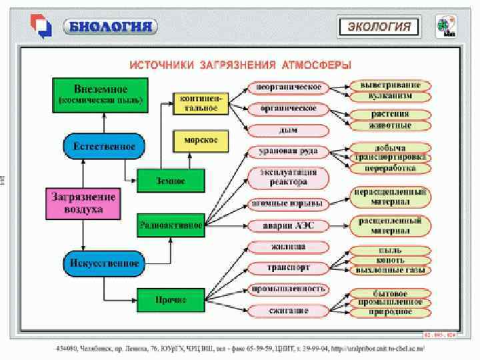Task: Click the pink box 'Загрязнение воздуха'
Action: pyautogui.click(x=83, y=203)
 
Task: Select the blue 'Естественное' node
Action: pyautogui.click(x=104, y=146)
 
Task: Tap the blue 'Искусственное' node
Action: pyautogui.click(x=104, y=263)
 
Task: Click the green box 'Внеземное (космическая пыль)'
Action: pyautogui.click(x=99, y=95)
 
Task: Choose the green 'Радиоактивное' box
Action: pyautogui.click(x=171, y=225)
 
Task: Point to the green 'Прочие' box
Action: pyautogui.click(x=171, y=300)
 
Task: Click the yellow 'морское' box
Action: pyautogui.click(x=201, y=141)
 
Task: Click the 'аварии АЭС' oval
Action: pyautogui.click(x=289, y=225)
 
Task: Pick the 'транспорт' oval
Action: pyautogui.click(x=289, y=267)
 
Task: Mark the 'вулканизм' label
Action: pyautogui.click(x=391, y=96)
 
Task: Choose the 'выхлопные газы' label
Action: pyautogui.click(x=391, y=270)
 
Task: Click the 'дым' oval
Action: pyautogui.click(x=289, y=130)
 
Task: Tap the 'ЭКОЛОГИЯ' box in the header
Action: pyautogui.click(x=381, y=27)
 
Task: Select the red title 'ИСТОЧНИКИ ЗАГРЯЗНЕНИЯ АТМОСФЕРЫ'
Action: pyautogui.click(x=240, y=65)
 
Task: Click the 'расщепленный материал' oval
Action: pyautogui.click(x=391, y=225)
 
